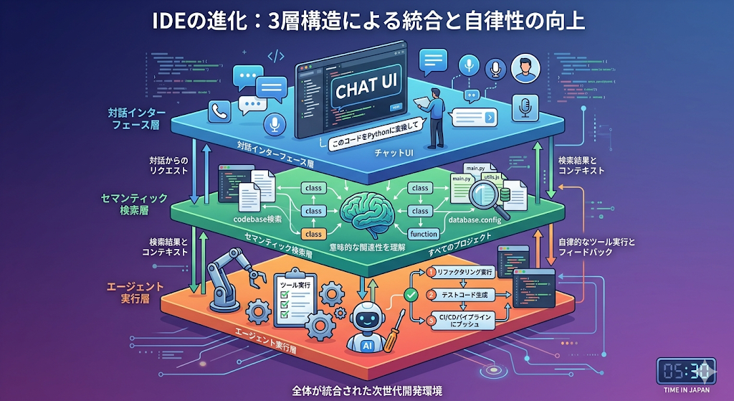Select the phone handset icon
216,111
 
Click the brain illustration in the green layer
366,208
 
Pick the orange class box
313,234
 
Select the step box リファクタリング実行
464,273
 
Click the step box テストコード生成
464,295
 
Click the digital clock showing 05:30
686,372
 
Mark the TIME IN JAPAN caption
686,392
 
